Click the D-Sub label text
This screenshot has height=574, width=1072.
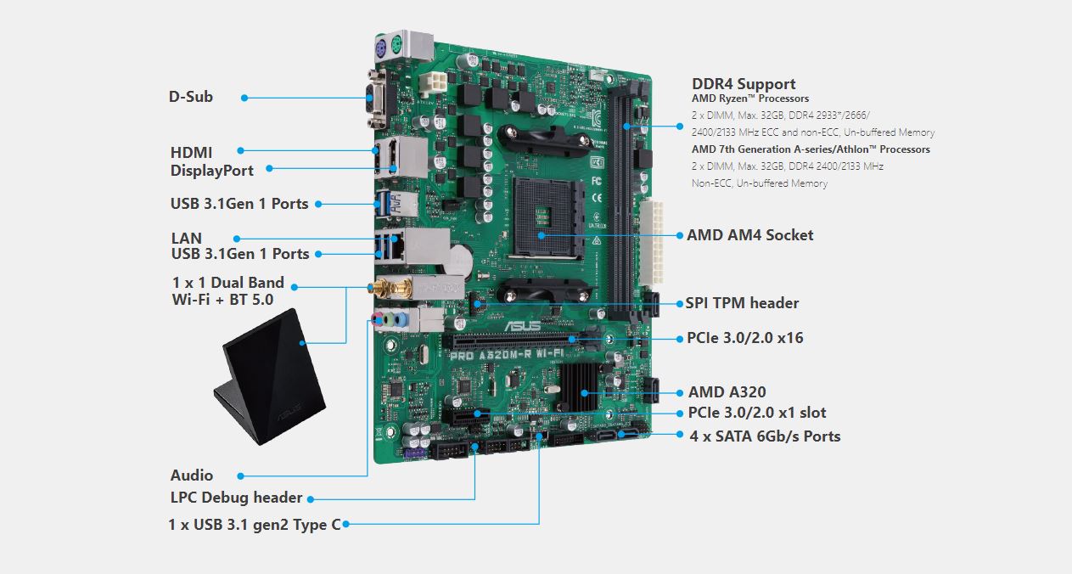click(x=190, y=97)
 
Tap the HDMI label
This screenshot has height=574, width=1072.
click(x=191, y=153)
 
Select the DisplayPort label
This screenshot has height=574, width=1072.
click(x=212, y=171)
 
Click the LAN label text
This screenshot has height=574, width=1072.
click(x=186, y=238)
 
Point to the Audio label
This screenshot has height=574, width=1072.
click(x=192, y=476)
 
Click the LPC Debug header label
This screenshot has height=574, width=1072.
click(x=237, y=498)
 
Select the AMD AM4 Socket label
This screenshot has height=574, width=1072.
click(x=750, y=235)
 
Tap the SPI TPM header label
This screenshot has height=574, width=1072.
click(x=742, y=303)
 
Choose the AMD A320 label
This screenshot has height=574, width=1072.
click(x=727, y=392)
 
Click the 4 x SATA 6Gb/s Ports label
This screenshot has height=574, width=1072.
click(x=765, y=436)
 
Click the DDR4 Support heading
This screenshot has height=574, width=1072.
click(x=744, y=84)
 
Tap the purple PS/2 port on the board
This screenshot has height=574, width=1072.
click(x=380, y=48)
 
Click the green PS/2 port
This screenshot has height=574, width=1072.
click(x=396, y=47)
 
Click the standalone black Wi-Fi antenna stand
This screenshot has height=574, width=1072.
click(x=270, y=377)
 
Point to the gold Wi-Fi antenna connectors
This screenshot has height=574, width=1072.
click(x=390, y=288)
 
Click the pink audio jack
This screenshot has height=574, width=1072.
click(x=378, y=318)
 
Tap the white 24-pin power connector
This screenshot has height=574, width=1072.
click(x=651, y=242)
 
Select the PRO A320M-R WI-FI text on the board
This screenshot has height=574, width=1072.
click(x=508, y=354)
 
